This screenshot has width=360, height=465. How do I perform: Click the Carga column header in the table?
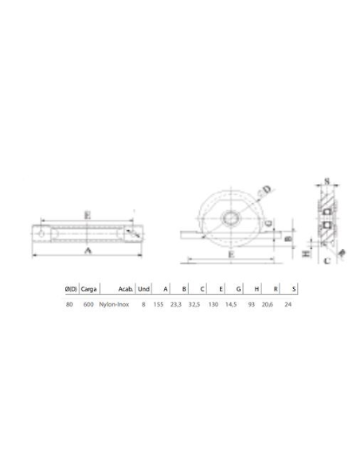89,289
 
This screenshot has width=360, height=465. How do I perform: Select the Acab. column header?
124,289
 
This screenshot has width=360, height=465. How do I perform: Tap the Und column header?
143,289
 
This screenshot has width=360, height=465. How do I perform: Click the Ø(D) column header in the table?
70,289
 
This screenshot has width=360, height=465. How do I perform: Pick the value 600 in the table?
88,305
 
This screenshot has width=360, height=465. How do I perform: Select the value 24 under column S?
288,305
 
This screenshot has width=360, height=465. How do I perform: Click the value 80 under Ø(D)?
69,305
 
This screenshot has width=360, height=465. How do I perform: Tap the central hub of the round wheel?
229,218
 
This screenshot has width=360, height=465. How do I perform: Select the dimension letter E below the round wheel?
230,255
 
